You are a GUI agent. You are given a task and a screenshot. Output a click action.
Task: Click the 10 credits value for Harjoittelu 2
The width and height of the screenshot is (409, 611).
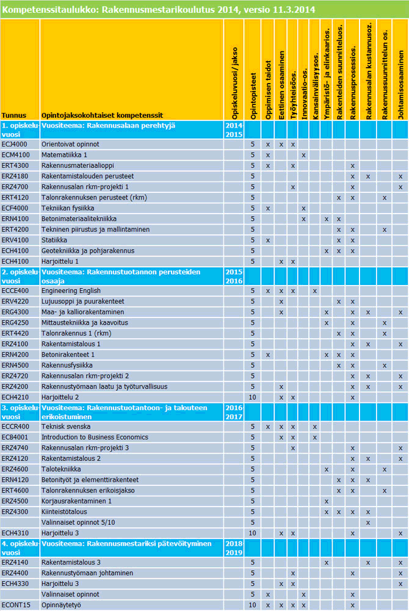click(252, 397)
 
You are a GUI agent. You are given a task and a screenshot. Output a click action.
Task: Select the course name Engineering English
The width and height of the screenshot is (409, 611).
click(71, 291)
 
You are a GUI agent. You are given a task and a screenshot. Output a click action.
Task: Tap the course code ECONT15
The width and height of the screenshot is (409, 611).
click(15, 605)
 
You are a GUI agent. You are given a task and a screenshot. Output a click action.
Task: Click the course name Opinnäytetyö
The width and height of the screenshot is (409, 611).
click(61, 605)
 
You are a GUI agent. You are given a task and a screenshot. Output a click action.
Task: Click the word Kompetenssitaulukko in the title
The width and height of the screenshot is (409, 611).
click(37, 9)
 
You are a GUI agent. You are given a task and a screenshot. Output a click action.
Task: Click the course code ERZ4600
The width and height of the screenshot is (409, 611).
click(14, 469)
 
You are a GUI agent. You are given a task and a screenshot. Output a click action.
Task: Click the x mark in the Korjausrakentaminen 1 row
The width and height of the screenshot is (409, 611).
click(327, 501)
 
